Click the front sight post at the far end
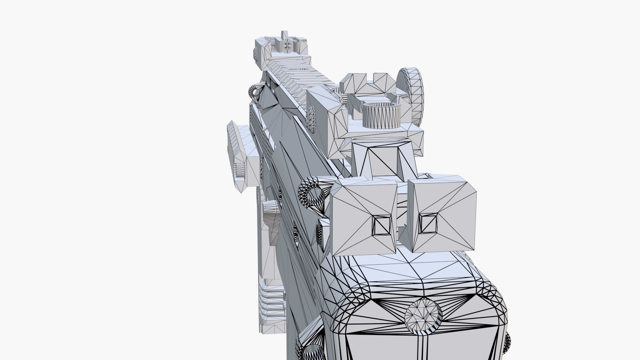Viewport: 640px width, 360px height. pos(284,34)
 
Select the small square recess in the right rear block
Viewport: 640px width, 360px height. pos(428,223)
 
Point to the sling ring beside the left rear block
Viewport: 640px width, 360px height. pos(312,195)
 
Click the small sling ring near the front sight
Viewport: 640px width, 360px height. pos(255,91)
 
